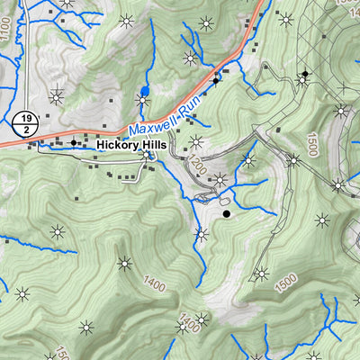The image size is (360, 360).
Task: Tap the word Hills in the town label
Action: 148,144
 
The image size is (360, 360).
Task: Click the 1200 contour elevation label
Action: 196,165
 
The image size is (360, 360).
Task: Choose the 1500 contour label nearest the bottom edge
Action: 286,282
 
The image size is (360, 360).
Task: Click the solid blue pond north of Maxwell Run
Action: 145,91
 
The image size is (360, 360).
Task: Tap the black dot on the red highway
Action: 216,81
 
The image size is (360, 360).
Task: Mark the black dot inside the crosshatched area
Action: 305,73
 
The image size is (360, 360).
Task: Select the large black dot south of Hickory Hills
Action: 227,213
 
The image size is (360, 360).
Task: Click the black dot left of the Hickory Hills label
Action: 74,142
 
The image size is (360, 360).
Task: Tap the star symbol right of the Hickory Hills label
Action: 196,140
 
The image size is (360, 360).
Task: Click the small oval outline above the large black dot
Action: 225,199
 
